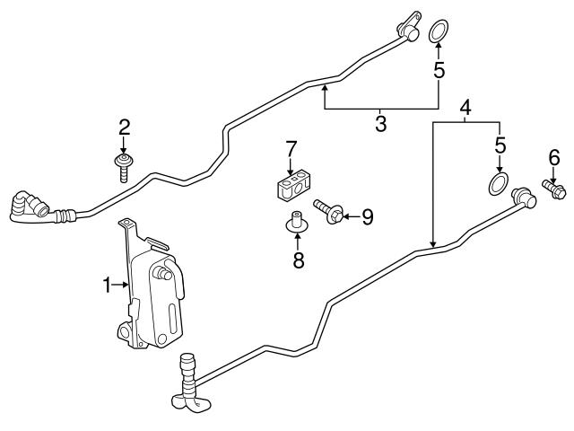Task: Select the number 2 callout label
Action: [x=125, y=127]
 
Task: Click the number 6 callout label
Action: [x=552, y=158]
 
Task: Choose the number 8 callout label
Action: [x=298, y=261]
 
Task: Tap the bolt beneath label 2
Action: [x=124, y=169]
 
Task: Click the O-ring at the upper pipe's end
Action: [x=439, y=31]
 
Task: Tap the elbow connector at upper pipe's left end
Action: [x=29, y=207]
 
